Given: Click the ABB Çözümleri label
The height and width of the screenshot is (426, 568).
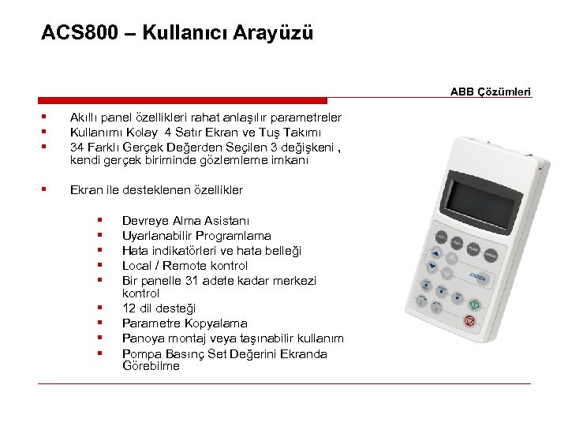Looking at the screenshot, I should coord(491,92).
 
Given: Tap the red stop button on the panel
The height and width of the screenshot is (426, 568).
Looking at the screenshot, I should coord(469,320).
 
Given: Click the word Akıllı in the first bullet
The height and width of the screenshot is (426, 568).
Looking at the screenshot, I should coord(84,118).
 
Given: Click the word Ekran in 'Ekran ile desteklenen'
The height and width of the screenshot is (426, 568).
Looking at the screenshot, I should coord(86,190).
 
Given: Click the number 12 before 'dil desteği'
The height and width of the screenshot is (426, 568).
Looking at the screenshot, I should coord(129,308).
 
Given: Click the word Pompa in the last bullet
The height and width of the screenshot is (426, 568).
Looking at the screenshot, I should coord(140,353).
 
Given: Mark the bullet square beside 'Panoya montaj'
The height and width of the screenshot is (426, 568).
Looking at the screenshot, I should coord(101,338).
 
